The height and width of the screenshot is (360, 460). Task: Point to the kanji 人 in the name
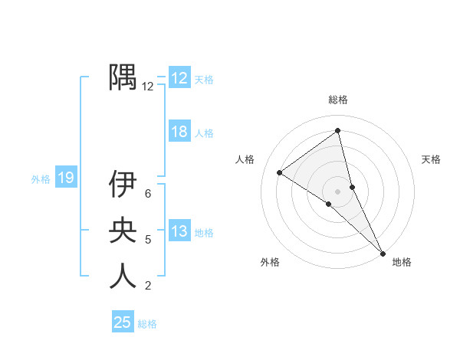(x=123, y=276)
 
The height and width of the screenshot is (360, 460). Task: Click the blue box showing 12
(x=179, y=78)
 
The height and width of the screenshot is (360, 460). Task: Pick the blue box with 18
(x=179, y=132)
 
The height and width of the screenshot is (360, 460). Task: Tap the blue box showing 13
(x=179, y=231)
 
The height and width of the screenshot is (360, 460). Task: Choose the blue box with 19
(x=65, y=178)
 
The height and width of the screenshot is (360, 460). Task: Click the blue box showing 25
(x=123, y=322)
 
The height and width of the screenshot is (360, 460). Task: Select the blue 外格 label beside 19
(x=41, y=179)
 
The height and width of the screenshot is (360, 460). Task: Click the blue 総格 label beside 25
(x=147, y=324)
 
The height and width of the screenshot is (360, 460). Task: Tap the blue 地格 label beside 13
(x=205, y=233)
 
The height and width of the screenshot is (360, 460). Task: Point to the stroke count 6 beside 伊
(x=148, y=194)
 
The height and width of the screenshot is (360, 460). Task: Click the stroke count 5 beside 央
(x=148, y=240)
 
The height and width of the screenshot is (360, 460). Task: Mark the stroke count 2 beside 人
(x=148, y=286)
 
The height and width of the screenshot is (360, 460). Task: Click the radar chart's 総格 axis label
(x=337, y=100)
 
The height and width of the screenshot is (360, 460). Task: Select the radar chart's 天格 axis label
(x=431, y=159)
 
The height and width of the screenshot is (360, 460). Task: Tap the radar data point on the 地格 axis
(x=383, y=252)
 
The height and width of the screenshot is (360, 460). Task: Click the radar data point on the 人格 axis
(x=280, y=172)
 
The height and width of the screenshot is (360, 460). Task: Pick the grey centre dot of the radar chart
(x=337, y=191)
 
